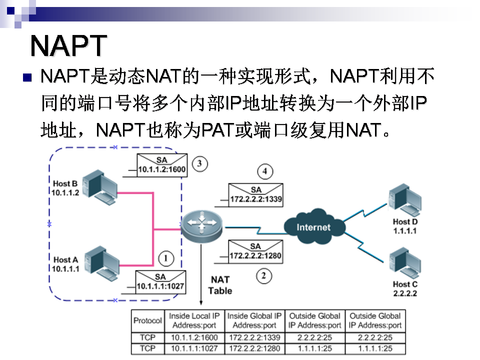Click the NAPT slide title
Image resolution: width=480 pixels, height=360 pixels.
[68, 46]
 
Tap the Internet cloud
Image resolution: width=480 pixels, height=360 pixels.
[313, 227]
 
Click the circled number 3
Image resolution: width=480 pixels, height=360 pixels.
[199, 163]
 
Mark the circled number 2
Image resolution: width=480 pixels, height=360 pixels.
[264, 274]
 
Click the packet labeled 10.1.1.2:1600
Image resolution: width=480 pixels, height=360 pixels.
[161, 165]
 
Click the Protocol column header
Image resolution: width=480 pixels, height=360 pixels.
[148, 320]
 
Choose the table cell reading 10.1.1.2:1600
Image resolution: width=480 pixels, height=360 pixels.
[194, 337]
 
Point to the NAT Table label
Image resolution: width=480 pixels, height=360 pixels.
[220, 285]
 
